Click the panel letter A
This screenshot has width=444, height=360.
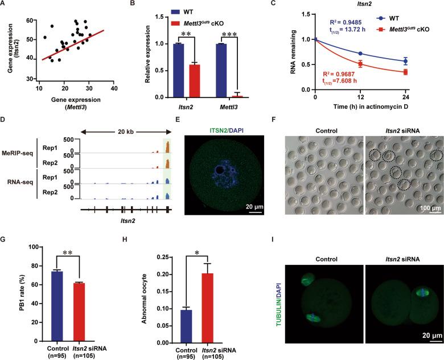click(5, 5)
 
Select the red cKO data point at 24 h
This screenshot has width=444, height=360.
click(420, 72)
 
